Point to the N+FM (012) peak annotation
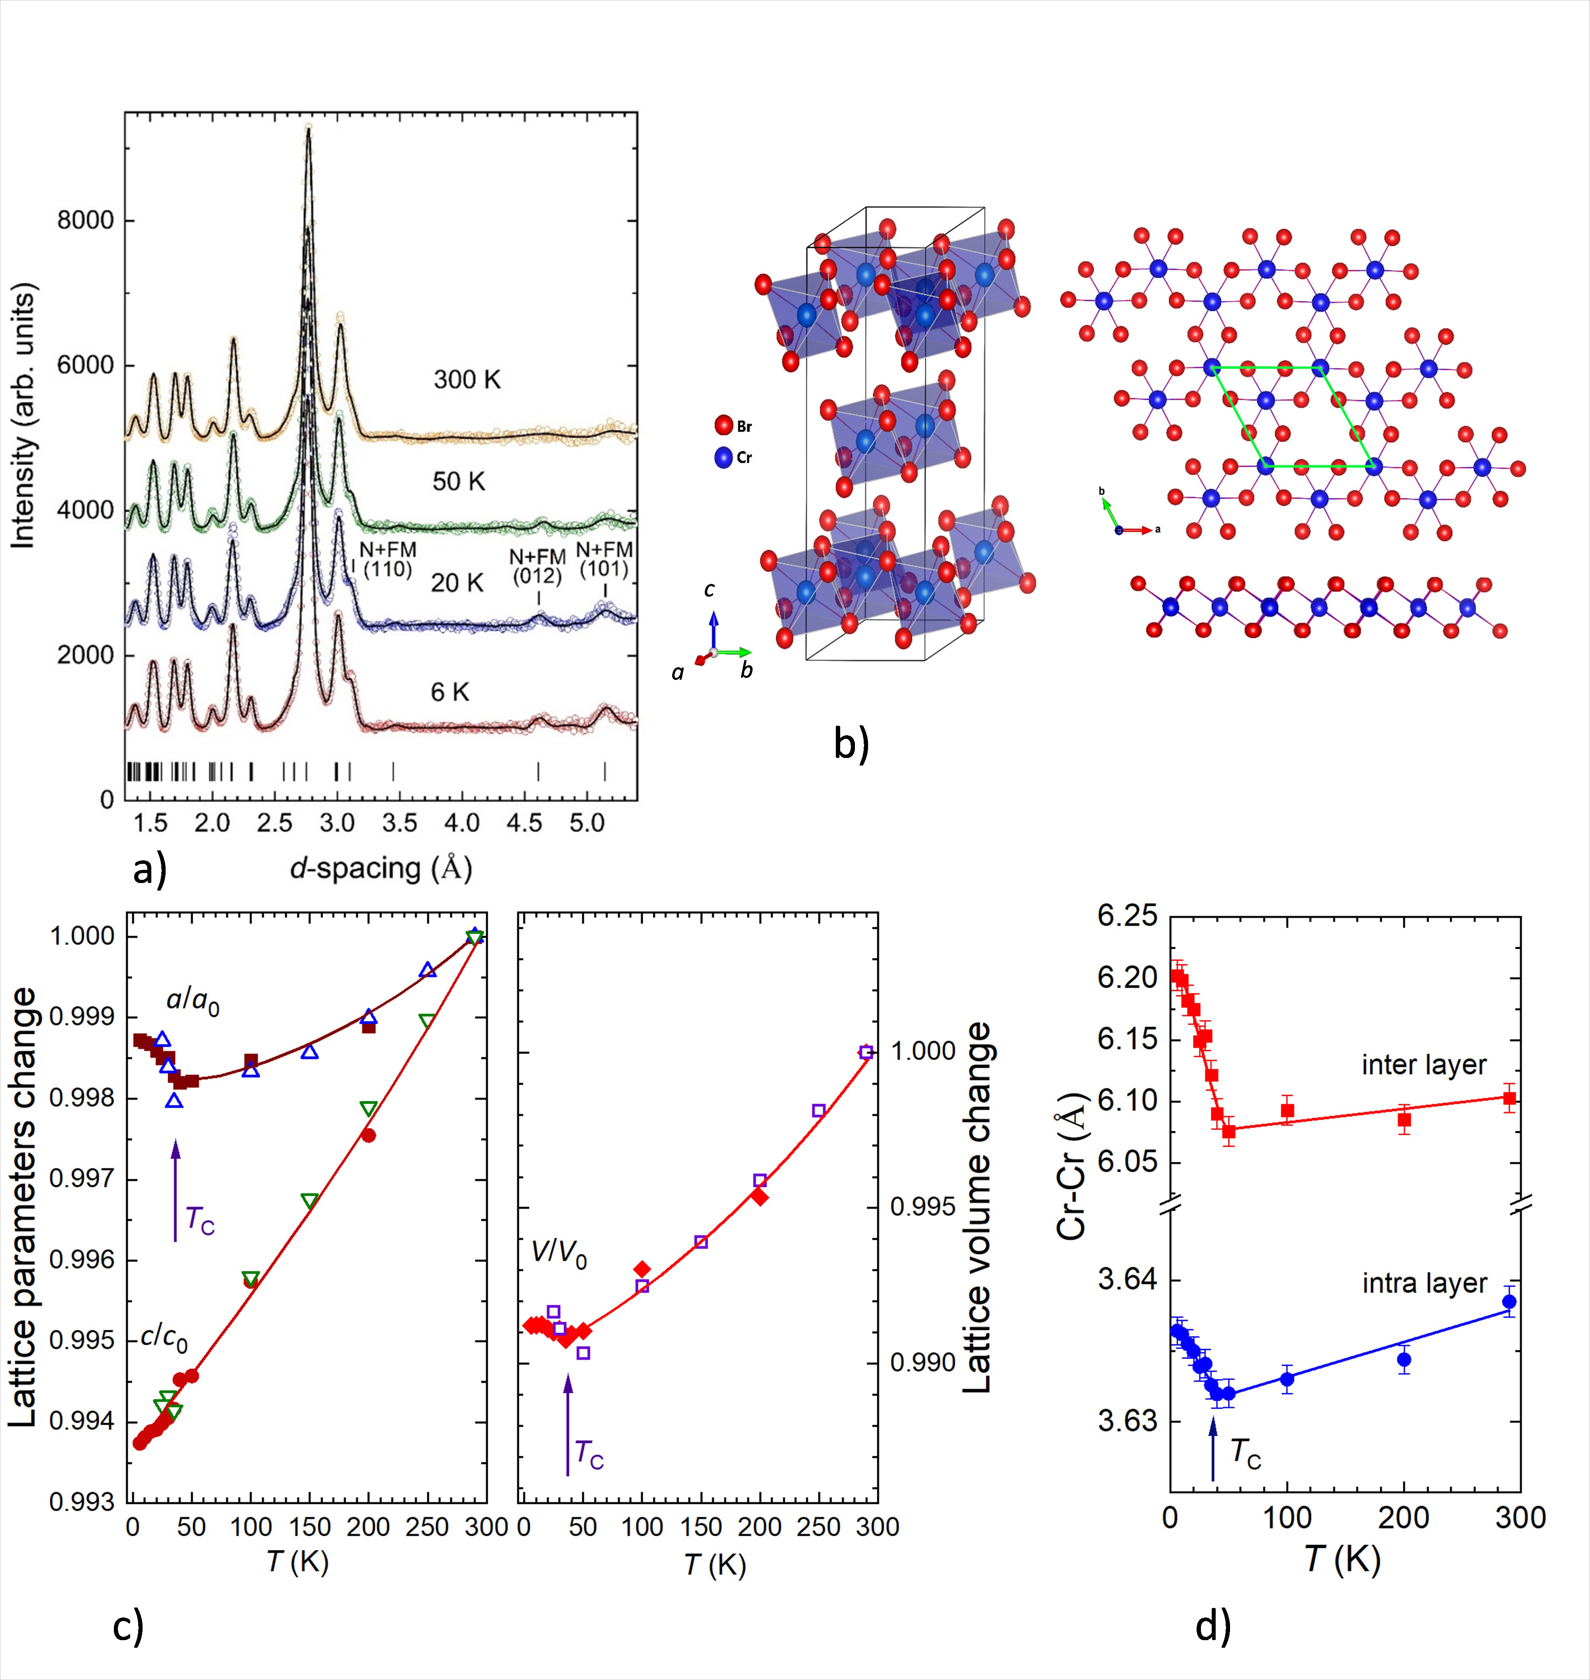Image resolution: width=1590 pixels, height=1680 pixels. tap(537, 566)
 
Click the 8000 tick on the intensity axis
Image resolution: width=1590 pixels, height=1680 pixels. tap(85, 220)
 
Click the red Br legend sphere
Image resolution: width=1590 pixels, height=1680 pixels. tap(723, 425)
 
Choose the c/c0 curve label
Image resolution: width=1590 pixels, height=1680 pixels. tap(164, 1337)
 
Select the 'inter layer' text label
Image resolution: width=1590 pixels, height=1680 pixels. tap(1424, 1065)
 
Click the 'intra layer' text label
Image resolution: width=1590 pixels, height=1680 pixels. tap(1424, 1283)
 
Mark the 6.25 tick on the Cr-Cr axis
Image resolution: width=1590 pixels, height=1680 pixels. tap(1127, 916)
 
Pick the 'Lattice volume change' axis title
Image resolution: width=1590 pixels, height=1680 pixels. tap(978, 1208)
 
